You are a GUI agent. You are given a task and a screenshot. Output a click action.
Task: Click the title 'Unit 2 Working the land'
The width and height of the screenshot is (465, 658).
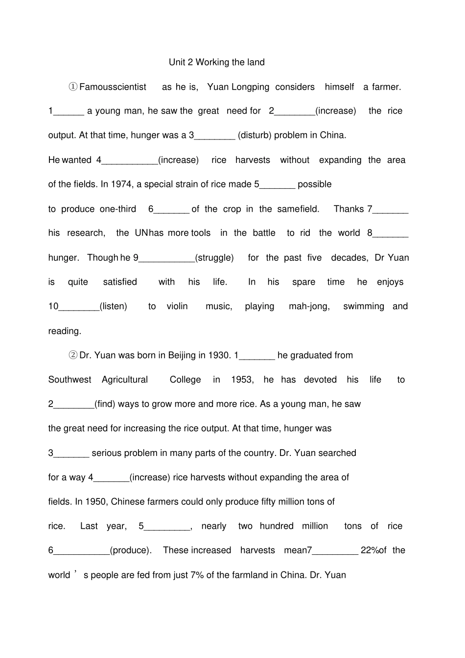pos(216,62)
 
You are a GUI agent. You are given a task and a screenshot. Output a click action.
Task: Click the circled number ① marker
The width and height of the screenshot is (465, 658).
pos(73,87)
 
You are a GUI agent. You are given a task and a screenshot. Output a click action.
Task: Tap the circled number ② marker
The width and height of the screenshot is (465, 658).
pos(73,355)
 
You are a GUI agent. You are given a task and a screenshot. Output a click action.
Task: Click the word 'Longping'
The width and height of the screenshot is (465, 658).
pos(250,87)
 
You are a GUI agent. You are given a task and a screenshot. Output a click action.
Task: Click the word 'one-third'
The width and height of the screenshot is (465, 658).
pos(118,209)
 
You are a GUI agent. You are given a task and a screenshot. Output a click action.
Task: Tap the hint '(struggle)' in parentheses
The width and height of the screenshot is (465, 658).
pos(214,258)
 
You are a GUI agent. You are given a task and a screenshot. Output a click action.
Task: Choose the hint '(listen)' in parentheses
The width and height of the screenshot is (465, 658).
pos(113,306)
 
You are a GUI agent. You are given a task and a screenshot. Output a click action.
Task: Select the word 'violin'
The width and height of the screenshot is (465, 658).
pos(177,306)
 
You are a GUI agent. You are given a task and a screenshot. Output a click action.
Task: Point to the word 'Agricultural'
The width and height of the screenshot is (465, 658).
pos(125,380)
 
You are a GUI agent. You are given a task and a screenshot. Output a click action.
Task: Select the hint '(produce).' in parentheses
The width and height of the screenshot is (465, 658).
pos(131,550)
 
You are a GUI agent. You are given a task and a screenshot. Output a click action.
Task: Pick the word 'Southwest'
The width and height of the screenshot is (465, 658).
pos(70,380)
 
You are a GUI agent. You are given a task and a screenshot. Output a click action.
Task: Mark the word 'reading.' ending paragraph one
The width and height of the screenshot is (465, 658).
pos(65,331)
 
